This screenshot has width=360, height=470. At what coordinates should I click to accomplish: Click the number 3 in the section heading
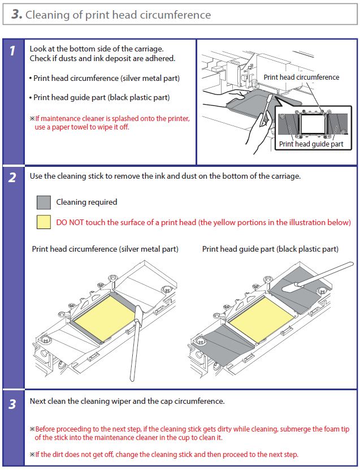tap(16, 14)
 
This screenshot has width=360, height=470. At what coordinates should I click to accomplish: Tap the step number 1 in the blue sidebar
tap(13, 51)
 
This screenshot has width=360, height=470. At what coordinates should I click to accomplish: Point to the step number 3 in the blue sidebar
tap(13, 406)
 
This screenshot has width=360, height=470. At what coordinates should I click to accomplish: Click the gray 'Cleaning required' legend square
tap(44, 202)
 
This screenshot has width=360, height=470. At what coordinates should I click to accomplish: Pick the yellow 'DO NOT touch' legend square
tap(44, 222)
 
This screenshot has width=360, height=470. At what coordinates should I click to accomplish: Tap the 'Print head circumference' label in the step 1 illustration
tap(301, 77)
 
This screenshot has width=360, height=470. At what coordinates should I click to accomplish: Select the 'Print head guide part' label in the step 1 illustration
tap(311, 144)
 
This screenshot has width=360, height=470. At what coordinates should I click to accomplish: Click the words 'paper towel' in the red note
tap(75, 127)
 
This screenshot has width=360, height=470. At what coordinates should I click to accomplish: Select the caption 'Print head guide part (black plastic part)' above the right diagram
tap(270, 249)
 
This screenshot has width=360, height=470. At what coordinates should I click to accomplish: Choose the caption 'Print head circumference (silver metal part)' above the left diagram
tap(105, 249)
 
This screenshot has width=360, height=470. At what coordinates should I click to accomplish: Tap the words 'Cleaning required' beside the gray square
tap(86, 202)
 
